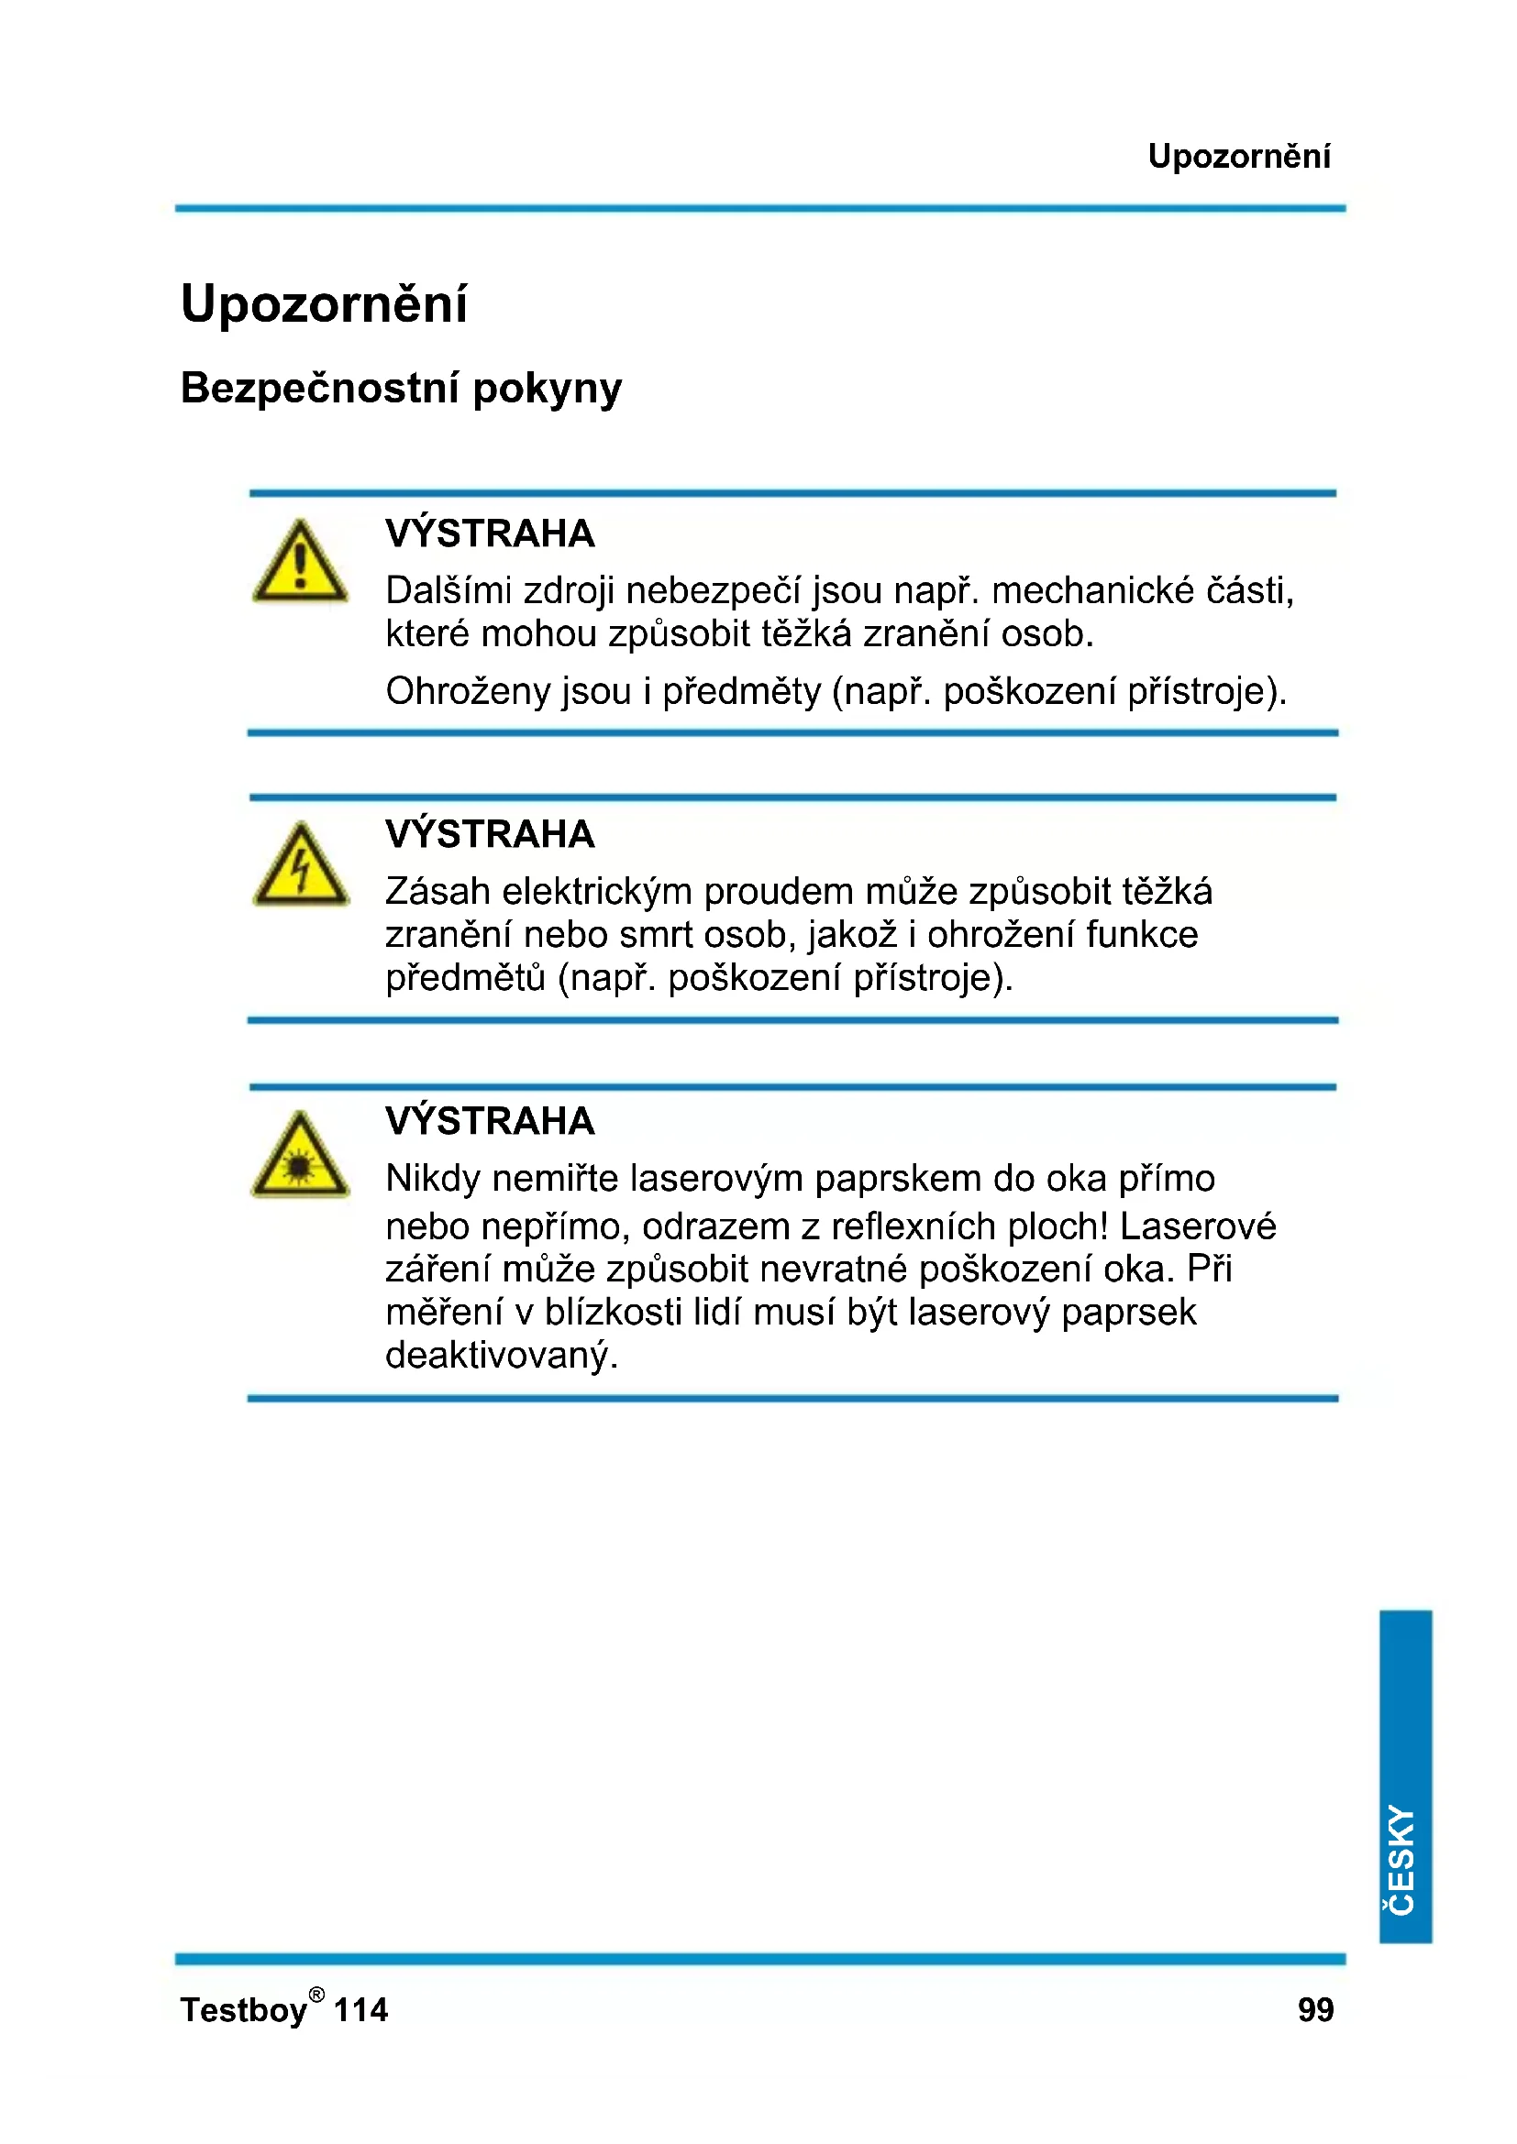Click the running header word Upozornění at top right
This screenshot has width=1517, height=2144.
coord(1237,156)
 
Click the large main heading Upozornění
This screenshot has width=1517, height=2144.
coord(323,304)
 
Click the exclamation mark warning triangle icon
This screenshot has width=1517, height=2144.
coord(300,563)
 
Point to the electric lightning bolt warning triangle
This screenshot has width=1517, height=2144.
coord(300,866)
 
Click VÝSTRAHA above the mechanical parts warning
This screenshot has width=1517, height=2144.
coord(490,533)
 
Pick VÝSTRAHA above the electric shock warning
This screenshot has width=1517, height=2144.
coord(490,834)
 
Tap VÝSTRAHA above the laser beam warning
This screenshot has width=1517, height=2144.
coord(490,1120)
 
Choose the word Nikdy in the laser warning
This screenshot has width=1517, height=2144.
coord(434,1180)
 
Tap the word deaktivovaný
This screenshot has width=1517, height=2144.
coord(502,1355)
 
